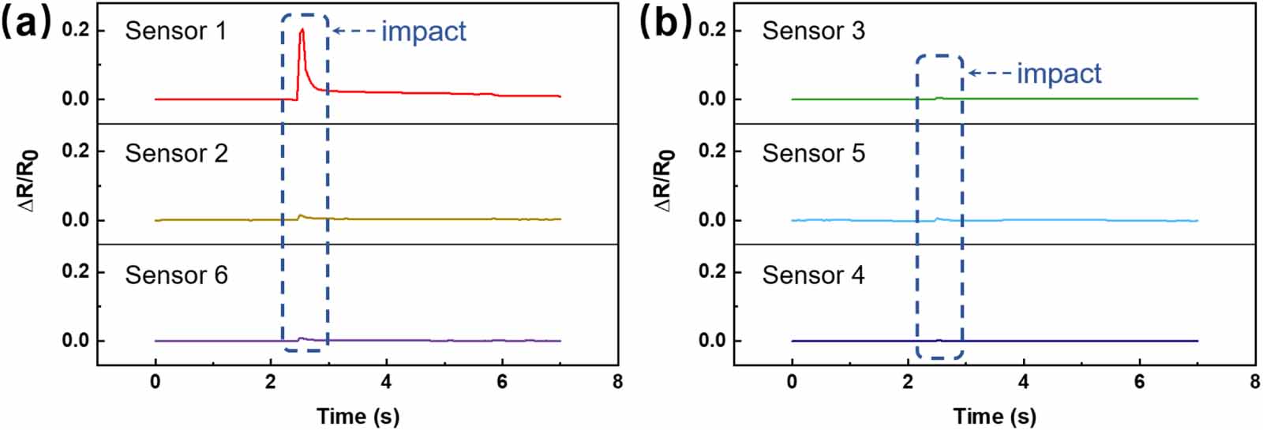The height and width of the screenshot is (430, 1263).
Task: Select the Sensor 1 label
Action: pos(175,31)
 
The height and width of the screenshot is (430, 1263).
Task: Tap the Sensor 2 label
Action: pos(176,153)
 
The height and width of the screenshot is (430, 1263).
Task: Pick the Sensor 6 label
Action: pos(176,275)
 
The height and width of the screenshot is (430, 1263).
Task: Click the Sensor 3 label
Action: pos(813,31)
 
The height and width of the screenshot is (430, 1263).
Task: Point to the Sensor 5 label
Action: pos(813,153)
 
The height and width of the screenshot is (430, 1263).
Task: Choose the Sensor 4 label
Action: pos(813,275)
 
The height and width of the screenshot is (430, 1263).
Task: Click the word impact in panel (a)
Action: pos(424,32)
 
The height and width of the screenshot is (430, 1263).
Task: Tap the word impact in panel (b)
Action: pos(1059,73)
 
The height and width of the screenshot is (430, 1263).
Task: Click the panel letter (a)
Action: pos(26,22)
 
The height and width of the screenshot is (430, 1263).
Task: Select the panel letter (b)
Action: pos(665,22)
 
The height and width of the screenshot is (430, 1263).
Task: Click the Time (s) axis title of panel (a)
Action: pos(358,416)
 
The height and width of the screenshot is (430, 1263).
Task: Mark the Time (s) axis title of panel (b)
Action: pos(994,416)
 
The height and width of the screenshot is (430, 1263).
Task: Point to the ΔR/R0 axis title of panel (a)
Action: pos(29,181)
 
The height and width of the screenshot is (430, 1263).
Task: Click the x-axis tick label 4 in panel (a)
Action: pos(386,382)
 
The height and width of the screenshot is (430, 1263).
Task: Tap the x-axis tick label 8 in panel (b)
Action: pos(1254,382)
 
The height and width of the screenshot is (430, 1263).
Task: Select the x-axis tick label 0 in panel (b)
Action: pos(792,382)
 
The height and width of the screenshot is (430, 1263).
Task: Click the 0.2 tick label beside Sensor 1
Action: pos(76,31)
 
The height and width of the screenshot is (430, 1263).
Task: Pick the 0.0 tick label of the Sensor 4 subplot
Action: pos(712,341)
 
